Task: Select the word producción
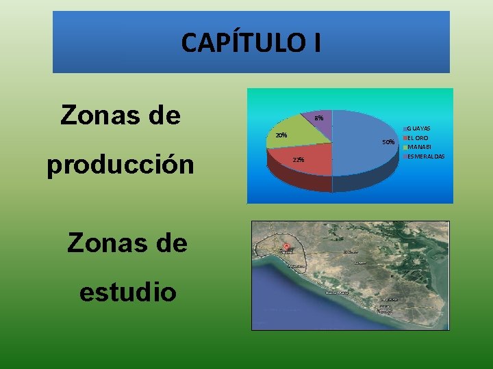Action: point(121,166)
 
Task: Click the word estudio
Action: point(127,292)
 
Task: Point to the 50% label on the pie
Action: point(388,142)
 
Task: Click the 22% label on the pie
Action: point(298,159)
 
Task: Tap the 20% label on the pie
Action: point(281,135)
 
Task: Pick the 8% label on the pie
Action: point(318,118)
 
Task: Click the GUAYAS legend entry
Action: point(419,128)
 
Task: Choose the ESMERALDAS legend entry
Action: point(426,156)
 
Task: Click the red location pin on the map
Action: point(286,246)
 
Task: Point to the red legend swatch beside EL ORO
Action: point(405,138)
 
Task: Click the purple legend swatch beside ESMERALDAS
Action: point(405,156)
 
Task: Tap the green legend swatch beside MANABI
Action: point(405,147)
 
